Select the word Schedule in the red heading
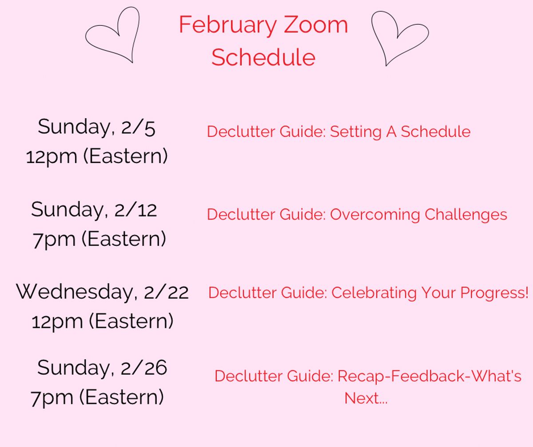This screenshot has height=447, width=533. (263, 57)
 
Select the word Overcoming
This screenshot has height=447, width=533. (374, 215)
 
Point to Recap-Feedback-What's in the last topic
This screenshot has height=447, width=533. (429, 376)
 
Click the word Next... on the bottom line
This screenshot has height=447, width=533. (366, 398)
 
